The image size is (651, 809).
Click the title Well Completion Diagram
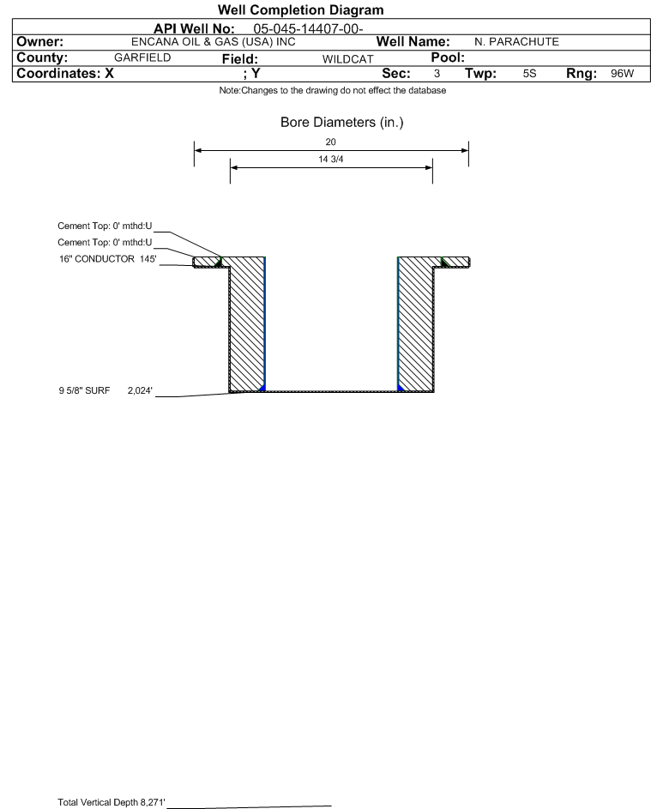coord(301,9)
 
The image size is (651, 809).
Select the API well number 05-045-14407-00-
coord(308,29)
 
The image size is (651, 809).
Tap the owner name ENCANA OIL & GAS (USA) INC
coord(214,42)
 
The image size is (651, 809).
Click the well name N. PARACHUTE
coord(517,42)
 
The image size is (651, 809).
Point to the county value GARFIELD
coord(142,57)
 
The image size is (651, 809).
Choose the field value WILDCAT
coord(347,59)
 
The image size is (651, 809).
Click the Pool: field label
coord(448,57)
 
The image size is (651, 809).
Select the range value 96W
coord(622,73)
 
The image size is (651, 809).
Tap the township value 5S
coord(530,73)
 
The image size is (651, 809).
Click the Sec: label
coord(396,73)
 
